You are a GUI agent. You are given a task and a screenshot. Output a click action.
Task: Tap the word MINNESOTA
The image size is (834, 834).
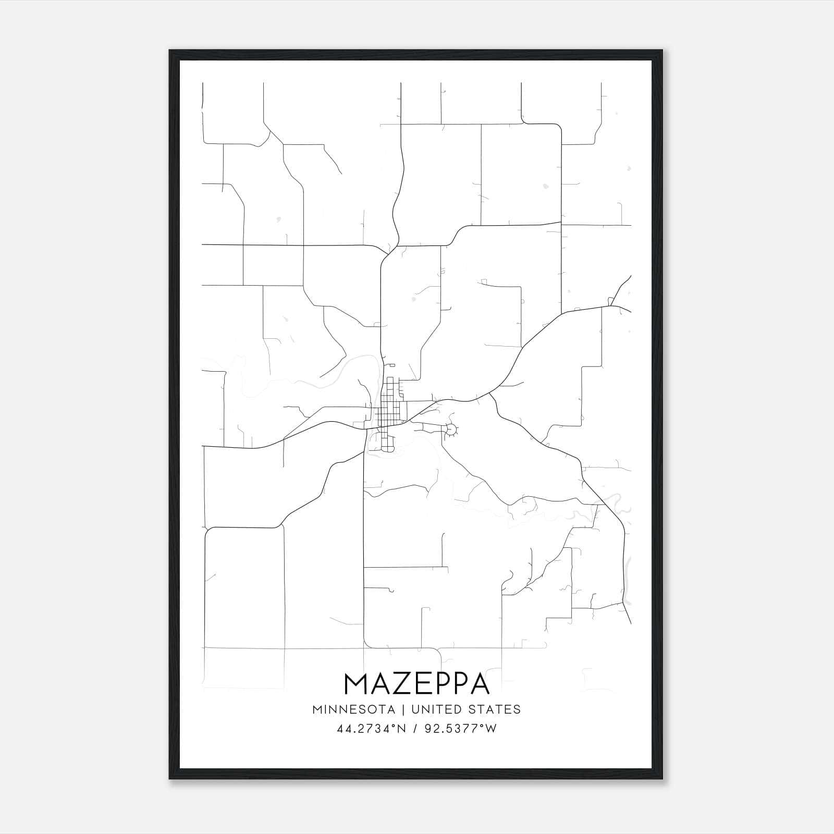353,709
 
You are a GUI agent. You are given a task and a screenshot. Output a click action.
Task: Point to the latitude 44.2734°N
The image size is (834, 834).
371,729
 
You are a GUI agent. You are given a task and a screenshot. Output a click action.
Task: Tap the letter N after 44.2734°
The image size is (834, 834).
402,729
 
